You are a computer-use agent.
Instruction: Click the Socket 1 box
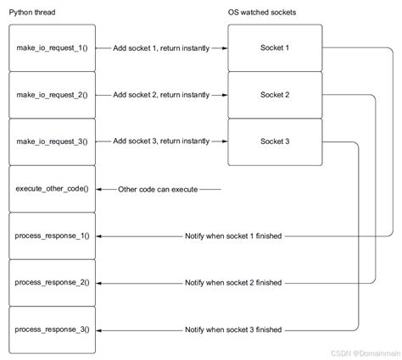point(275,47)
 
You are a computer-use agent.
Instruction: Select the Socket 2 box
point(275,94)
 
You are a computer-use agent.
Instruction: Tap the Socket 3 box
point(275,141)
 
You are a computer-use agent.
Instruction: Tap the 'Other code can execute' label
point(158,188)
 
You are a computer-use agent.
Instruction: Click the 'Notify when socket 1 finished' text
point(233,235)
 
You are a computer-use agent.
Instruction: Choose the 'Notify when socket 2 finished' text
point(233,282)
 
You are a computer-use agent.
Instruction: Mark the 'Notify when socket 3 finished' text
point(233,329)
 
